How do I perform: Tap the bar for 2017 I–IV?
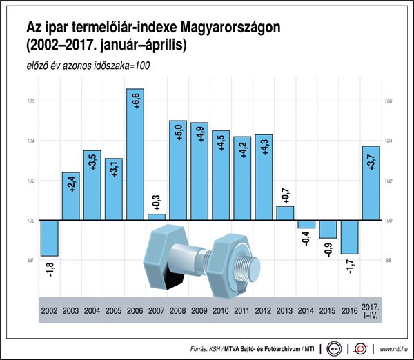click(371, 183)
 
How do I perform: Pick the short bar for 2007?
click(157, 217)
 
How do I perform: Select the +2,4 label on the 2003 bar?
click(71, 184)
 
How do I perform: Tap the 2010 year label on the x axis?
click(221, 312)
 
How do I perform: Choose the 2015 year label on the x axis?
click(328, 312)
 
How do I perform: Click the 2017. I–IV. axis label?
click(371, 312)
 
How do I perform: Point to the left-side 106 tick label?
click(30, 101)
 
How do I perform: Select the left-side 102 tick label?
click(30, 181)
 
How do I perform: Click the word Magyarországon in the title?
click(231, 28)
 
